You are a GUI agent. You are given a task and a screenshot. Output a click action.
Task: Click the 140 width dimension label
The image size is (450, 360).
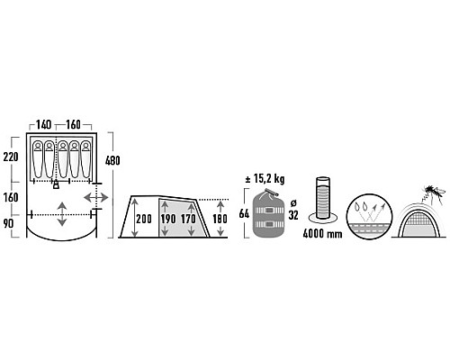(x=44, y=124)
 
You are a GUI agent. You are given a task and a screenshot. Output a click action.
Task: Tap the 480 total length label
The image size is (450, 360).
(x=112, y=160)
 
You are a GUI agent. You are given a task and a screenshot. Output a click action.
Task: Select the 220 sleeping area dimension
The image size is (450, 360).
(x=11, y=157)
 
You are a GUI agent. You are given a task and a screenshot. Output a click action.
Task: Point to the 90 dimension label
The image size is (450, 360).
(x=8, y=223)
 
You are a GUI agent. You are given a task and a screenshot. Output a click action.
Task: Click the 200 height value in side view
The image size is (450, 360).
(x=144, y=219)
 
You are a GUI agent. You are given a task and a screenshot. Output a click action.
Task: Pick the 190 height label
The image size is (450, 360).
(x=168, y=219)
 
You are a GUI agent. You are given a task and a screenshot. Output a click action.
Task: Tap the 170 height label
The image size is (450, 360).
(x=188, y=219)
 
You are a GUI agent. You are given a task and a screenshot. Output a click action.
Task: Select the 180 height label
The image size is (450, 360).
(x=220, y=219)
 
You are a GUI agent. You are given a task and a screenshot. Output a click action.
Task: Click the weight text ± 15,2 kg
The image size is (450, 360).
(x=265, y=179)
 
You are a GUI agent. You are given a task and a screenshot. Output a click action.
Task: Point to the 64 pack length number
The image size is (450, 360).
(x=244, y=213)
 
